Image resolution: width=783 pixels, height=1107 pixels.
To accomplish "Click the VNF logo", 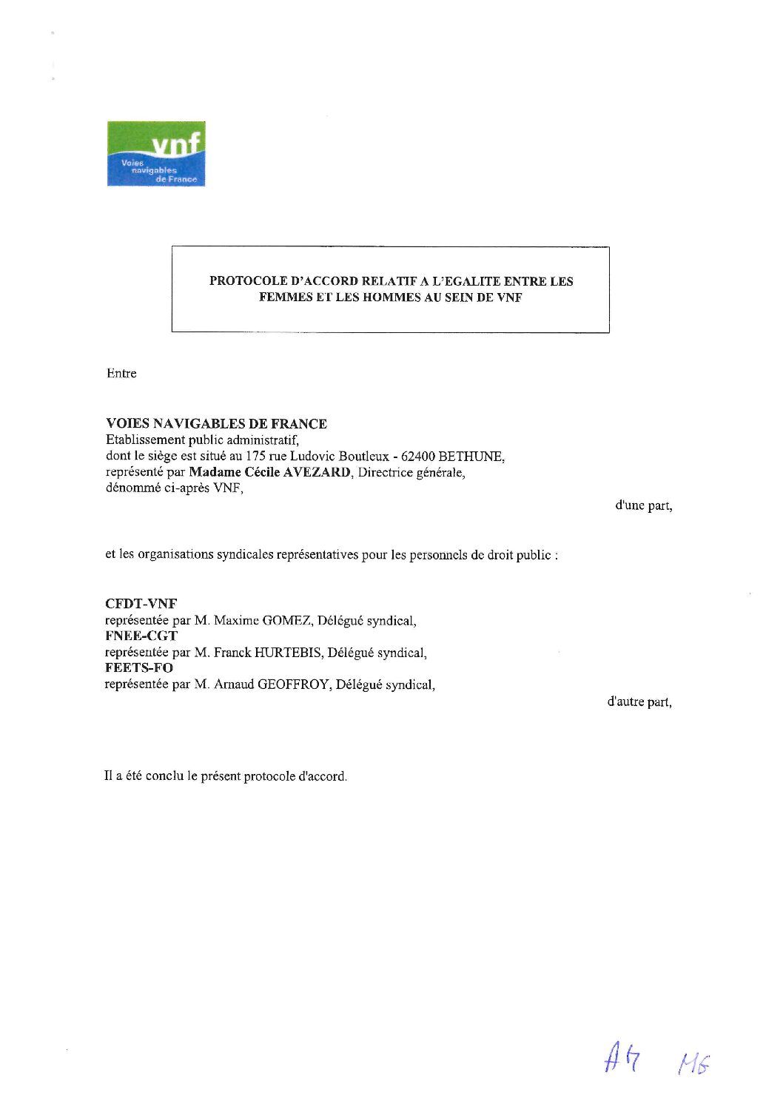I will [x=155, y=154].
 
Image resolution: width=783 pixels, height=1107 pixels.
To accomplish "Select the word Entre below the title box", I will [x=121, y=374].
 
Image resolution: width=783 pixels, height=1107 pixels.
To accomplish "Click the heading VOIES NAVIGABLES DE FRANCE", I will [x=216, y=424].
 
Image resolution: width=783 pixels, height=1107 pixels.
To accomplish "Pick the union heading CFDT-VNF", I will [x=141, y=604].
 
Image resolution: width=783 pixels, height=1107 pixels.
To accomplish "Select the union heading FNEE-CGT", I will [x=142, y=636].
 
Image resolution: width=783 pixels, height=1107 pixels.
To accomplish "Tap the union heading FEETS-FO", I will [x=139, y=668].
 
